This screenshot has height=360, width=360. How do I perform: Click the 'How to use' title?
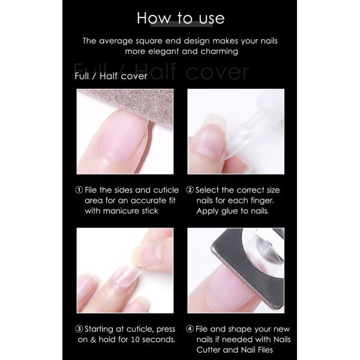(x=180, y=18)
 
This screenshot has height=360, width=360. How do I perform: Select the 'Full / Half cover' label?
(x=110, y=76)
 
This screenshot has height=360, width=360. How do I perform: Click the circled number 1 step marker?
(x=79, y=190)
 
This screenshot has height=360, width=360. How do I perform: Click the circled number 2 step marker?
(x=190, y=190)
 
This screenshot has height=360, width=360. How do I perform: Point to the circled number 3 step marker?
(x=79, y=329)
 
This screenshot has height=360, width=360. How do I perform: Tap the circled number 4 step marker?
(x=190, y=329)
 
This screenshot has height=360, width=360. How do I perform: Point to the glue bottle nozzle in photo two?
(x=252, y=123)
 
